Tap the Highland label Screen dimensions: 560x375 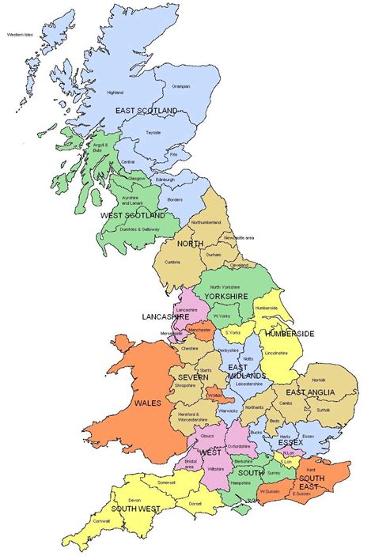[115, 93]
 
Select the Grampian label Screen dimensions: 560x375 [181, 86]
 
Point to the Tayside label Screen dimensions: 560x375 [153, 133]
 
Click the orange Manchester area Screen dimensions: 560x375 [200, 330]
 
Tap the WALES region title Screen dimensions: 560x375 [148, 403]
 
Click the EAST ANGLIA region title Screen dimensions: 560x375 [310, 392]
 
